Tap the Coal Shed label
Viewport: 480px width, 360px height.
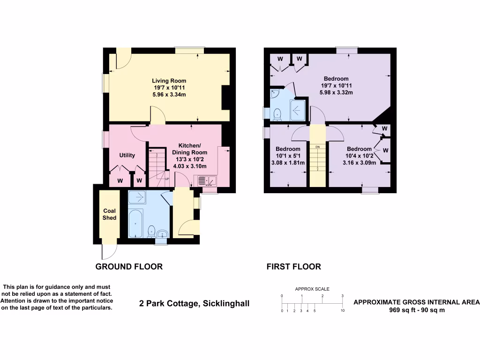[109, 214]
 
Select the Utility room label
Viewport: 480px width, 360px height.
[127, 156]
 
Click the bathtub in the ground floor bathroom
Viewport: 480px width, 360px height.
[136, 224]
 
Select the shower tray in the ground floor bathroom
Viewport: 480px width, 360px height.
[137, 197]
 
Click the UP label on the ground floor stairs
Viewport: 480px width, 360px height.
[166, 179]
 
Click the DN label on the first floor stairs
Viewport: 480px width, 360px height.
[317, 147]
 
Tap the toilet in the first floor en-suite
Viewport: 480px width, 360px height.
[277, 113]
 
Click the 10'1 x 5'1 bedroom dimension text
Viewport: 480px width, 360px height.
[288, 156]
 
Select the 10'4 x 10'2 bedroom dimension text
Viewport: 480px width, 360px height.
[360, 156]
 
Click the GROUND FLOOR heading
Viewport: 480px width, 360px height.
[129, 267]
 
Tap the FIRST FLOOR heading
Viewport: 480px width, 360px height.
[293, 267]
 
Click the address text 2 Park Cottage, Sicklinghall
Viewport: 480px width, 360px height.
[195, 303]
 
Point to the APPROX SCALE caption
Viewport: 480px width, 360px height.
[312, 289]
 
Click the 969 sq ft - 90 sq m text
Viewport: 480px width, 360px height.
[416, 310]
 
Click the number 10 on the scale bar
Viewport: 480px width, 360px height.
[343, 311]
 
